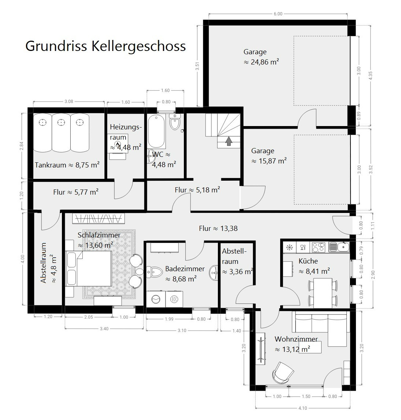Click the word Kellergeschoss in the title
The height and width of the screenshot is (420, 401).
139,46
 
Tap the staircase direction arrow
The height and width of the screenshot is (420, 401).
229,141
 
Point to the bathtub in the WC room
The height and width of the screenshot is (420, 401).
156,131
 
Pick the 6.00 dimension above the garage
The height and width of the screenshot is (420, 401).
278,14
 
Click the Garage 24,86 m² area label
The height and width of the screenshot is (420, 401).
261,57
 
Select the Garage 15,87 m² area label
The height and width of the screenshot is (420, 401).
269,156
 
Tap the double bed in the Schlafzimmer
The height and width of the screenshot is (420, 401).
89,268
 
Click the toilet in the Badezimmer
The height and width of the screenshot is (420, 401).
155,272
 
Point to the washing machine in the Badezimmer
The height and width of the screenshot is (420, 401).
156,299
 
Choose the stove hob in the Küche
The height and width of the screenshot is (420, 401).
318,247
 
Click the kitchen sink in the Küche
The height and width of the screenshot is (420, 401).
339,247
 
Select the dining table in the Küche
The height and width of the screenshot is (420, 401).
323,293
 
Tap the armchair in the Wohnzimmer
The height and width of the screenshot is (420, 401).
283,372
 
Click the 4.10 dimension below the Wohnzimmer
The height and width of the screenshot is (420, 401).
302,408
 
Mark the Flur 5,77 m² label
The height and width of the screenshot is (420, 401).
76,192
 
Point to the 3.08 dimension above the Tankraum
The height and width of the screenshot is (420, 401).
69,102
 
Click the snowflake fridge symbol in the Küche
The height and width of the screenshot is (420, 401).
290,247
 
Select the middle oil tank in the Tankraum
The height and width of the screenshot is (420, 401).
61,133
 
